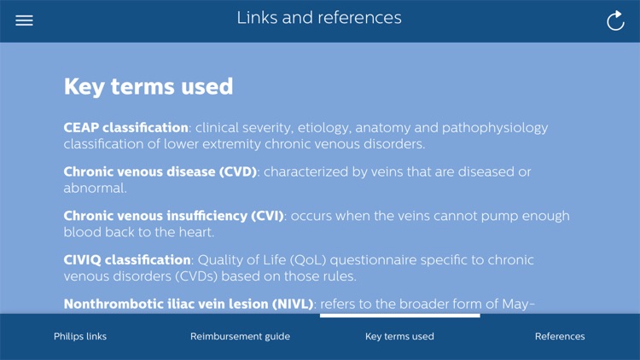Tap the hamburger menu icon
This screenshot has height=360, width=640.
[x=24, y=20]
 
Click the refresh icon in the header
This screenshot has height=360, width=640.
[x=615, y=20]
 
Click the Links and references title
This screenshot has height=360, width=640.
[x=319, y=18]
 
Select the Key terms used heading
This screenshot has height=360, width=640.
[x=148, y=86]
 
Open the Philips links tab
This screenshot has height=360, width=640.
[x=80, y=336]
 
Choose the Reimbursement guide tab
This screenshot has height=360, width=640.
[x=240, y=336]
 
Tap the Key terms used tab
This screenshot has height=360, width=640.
[x=399, y=336]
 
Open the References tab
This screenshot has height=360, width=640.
[x=560, y=336]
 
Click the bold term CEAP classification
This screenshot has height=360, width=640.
[x=126, y=128]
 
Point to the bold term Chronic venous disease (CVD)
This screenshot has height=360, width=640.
[x=160, y=172]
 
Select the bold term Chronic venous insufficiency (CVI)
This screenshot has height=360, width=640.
[x=174, y=217]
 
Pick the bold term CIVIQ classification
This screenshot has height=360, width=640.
[x=127, y=260]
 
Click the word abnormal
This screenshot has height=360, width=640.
[x=94, y=188]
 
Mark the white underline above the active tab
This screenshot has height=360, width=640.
[x=399, y=316]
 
